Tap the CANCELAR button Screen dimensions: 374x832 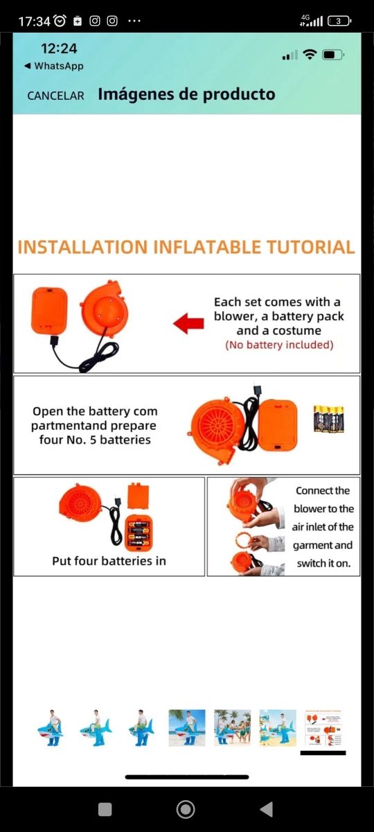(55, 96)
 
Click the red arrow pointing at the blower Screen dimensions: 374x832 (188, 323)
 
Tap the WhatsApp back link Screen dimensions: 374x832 (54, 66)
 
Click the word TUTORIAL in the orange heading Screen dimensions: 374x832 (310, 248)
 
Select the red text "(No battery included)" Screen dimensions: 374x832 (279, 345)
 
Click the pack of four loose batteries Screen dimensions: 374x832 (329, 419)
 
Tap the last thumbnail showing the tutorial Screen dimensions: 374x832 (323, 727)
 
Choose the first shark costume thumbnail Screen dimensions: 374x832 (51, 727)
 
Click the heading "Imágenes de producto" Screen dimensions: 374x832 (186, 94)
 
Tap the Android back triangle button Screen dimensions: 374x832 (267, 809)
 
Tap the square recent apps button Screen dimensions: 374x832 (105, 809)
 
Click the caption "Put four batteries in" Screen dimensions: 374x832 (109, 561)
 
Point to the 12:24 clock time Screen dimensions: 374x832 (59, 49)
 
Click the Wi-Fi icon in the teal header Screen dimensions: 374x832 (310, 55)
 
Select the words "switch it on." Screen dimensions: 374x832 (323, 564)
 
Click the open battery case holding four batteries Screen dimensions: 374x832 (139, 533)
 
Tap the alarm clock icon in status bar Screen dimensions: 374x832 (60, 21)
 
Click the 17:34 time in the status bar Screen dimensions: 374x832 (34, 21)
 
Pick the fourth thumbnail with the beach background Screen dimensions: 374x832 (186, 727)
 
